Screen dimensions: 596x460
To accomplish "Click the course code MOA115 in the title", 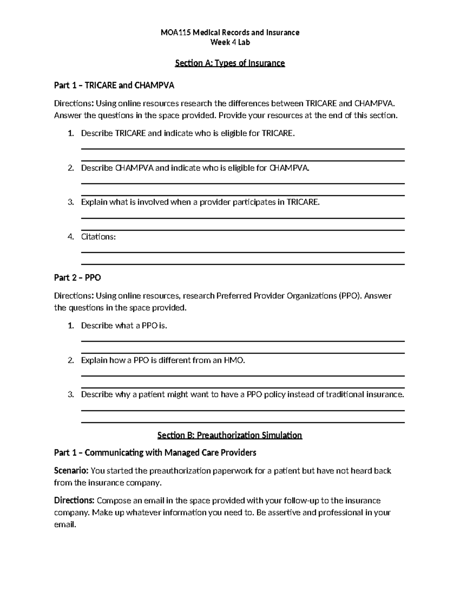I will pyautogui.click(x=175, y=33).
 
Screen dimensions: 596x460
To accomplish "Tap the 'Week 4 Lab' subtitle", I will pyautogui.click(x=230, y=43).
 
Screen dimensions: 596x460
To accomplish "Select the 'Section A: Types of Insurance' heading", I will pyautogui.click(x=230, y=63).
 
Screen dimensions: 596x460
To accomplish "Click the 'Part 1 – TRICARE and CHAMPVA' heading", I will pyautogui.click(x=114, y=86).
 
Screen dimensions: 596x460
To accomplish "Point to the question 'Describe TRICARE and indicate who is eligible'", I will pyautogui.click(x=188, y=134).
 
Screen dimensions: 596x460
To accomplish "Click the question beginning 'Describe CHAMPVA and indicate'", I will pyautogui.click(x=195, y=168).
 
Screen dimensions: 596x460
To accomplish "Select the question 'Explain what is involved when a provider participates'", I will pyautogui.click(x=200, y=202).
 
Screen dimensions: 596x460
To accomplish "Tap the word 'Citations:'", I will pyautogui.click(x=98, y=237).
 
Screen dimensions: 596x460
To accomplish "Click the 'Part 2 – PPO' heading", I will pyautogui.click(x=77, y=278).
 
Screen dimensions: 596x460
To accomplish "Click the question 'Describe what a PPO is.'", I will pyautogui.click(x=124, y=326).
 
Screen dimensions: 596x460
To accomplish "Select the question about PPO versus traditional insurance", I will pyautogui.click(x=242, y=395).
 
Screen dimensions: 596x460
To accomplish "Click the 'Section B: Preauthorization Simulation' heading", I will pyautogui.click(x=230, y=435).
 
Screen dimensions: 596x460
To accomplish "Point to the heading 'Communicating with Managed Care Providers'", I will pyautogui.click(x=170, y=453).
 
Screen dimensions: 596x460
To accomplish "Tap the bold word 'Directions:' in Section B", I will pyautogui.click(x=74, y=500).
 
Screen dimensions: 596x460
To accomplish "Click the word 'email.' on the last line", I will pyautogui.click(x=65, y=525).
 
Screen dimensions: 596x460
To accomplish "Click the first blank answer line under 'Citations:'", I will pyautogui.click(x=243, y=252).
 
